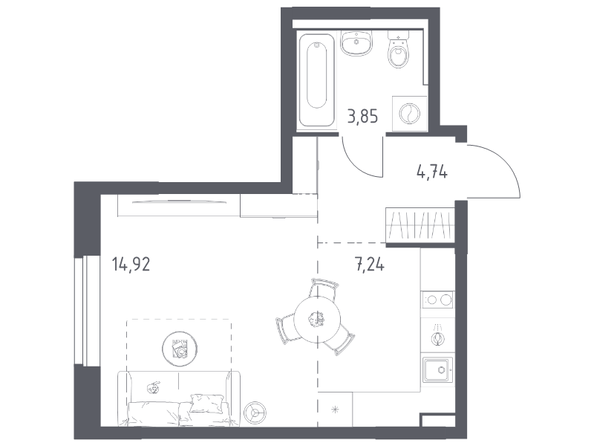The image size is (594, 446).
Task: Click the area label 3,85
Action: click(x=362, y=116)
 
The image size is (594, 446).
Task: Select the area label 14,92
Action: click(x=131, y=264)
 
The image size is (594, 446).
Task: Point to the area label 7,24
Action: click(x=369, y=264)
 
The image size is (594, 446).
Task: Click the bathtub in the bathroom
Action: click(x=317, y=80)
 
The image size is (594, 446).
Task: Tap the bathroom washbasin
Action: click(x=356, y=43)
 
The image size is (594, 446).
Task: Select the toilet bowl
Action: click(x=399, y=50)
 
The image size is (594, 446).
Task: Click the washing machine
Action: click(x=410, y=114)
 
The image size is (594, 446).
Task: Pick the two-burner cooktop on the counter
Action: click(x=438, y=300)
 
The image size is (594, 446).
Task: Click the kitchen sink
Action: click(x=438, y=369)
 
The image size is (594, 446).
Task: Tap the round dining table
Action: click(x=317, y=320)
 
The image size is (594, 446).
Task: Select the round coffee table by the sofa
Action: click(x=180, y=348)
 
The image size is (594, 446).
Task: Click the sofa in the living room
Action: click(x=178, y=398)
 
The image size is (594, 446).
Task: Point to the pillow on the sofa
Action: click(x=206, y=403)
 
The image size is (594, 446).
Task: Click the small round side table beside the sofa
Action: click(x=255, y=412)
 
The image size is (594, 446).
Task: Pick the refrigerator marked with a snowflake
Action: click(x=335, y=410)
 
